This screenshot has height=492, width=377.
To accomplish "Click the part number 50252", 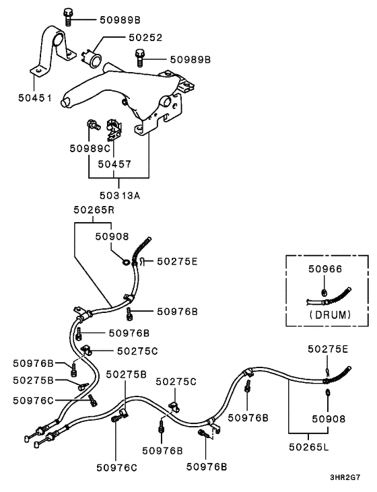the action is coord(145,38).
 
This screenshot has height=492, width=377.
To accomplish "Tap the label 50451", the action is coord(34,98).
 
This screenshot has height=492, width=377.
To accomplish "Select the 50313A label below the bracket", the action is coord(120,195).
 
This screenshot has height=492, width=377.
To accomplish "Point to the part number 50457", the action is coord(114,164).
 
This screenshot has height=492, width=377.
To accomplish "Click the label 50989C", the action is coord(90,148).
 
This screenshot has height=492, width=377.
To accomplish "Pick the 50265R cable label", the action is coord(94,209).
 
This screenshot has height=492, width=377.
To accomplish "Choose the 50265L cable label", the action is coord(309,447).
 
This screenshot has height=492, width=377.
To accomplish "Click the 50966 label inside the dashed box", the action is coord(325,269).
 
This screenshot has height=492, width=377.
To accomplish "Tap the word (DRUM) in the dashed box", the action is coord(330,314).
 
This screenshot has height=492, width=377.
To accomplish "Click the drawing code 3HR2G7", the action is coord(345,478).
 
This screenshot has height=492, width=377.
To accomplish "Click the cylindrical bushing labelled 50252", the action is coord(92,59).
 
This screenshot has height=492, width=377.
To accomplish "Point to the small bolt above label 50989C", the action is coord(94,125).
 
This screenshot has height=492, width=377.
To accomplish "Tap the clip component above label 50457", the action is coord(114,129).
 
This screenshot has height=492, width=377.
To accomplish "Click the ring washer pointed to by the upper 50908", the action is coord(126,262).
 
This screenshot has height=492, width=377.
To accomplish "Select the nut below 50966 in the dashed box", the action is coord(324,293).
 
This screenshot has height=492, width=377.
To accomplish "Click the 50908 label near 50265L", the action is coord(329,419).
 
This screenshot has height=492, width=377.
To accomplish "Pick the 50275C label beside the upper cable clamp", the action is coord(137,351).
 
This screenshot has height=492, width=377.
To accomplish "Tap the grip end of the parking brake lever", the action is coord(67,102).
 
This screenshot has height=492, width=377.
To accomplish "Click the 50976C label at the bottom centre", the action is coord(116,468).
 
